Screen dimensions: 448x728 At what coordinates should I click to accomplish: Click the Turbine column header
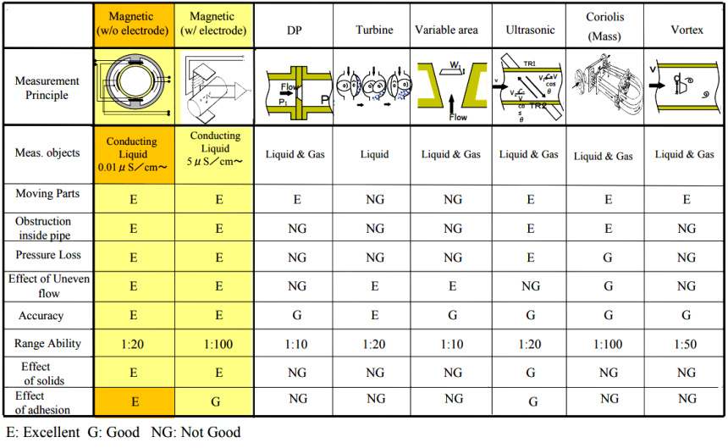tap(374, 30)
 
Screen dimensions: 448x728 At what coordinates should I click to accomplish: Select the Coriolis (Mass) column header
tap(608, 27)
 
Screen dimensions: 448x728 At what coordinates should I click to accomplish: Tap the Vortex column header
tap(687, 30)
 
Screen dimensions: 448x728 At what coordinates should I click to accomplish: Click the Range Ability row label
tap(47, 344)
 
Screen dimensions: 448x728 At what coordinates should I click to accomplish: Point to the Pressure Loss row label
tap(47, 255)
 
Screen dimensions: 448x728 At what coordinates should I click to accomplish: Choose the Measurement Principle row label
tap(47, 88)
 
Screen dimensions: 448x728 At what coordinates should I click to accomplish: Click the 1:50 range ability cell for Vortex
tap(687, 344)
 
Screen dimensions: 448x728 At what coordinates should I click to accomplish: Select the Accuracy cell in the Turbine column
tap(374, 316)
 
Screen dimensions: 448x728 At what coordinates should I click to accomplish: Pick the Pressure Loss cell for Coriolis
tap(608, 256)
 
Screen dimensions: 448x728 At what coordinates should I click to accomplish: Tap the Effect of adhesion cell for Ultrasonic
tap(531, 401)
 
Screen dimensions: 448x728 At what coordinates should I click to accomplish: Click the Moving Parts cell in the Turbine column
tap(374, 200)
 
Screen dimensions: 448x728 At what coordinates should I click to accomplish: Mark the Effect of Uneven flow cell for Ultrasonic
tap(531, 286)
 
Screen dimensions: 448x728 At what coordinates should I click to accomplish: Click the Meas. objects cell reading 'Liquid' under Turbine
tap(374, 154)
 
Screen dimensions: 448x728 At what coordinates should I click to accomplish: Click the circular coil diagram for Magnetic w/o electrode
tap(134, 87)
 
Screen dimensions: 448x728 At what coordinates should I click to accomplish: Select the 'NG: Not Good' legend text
tap(196, 432)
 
